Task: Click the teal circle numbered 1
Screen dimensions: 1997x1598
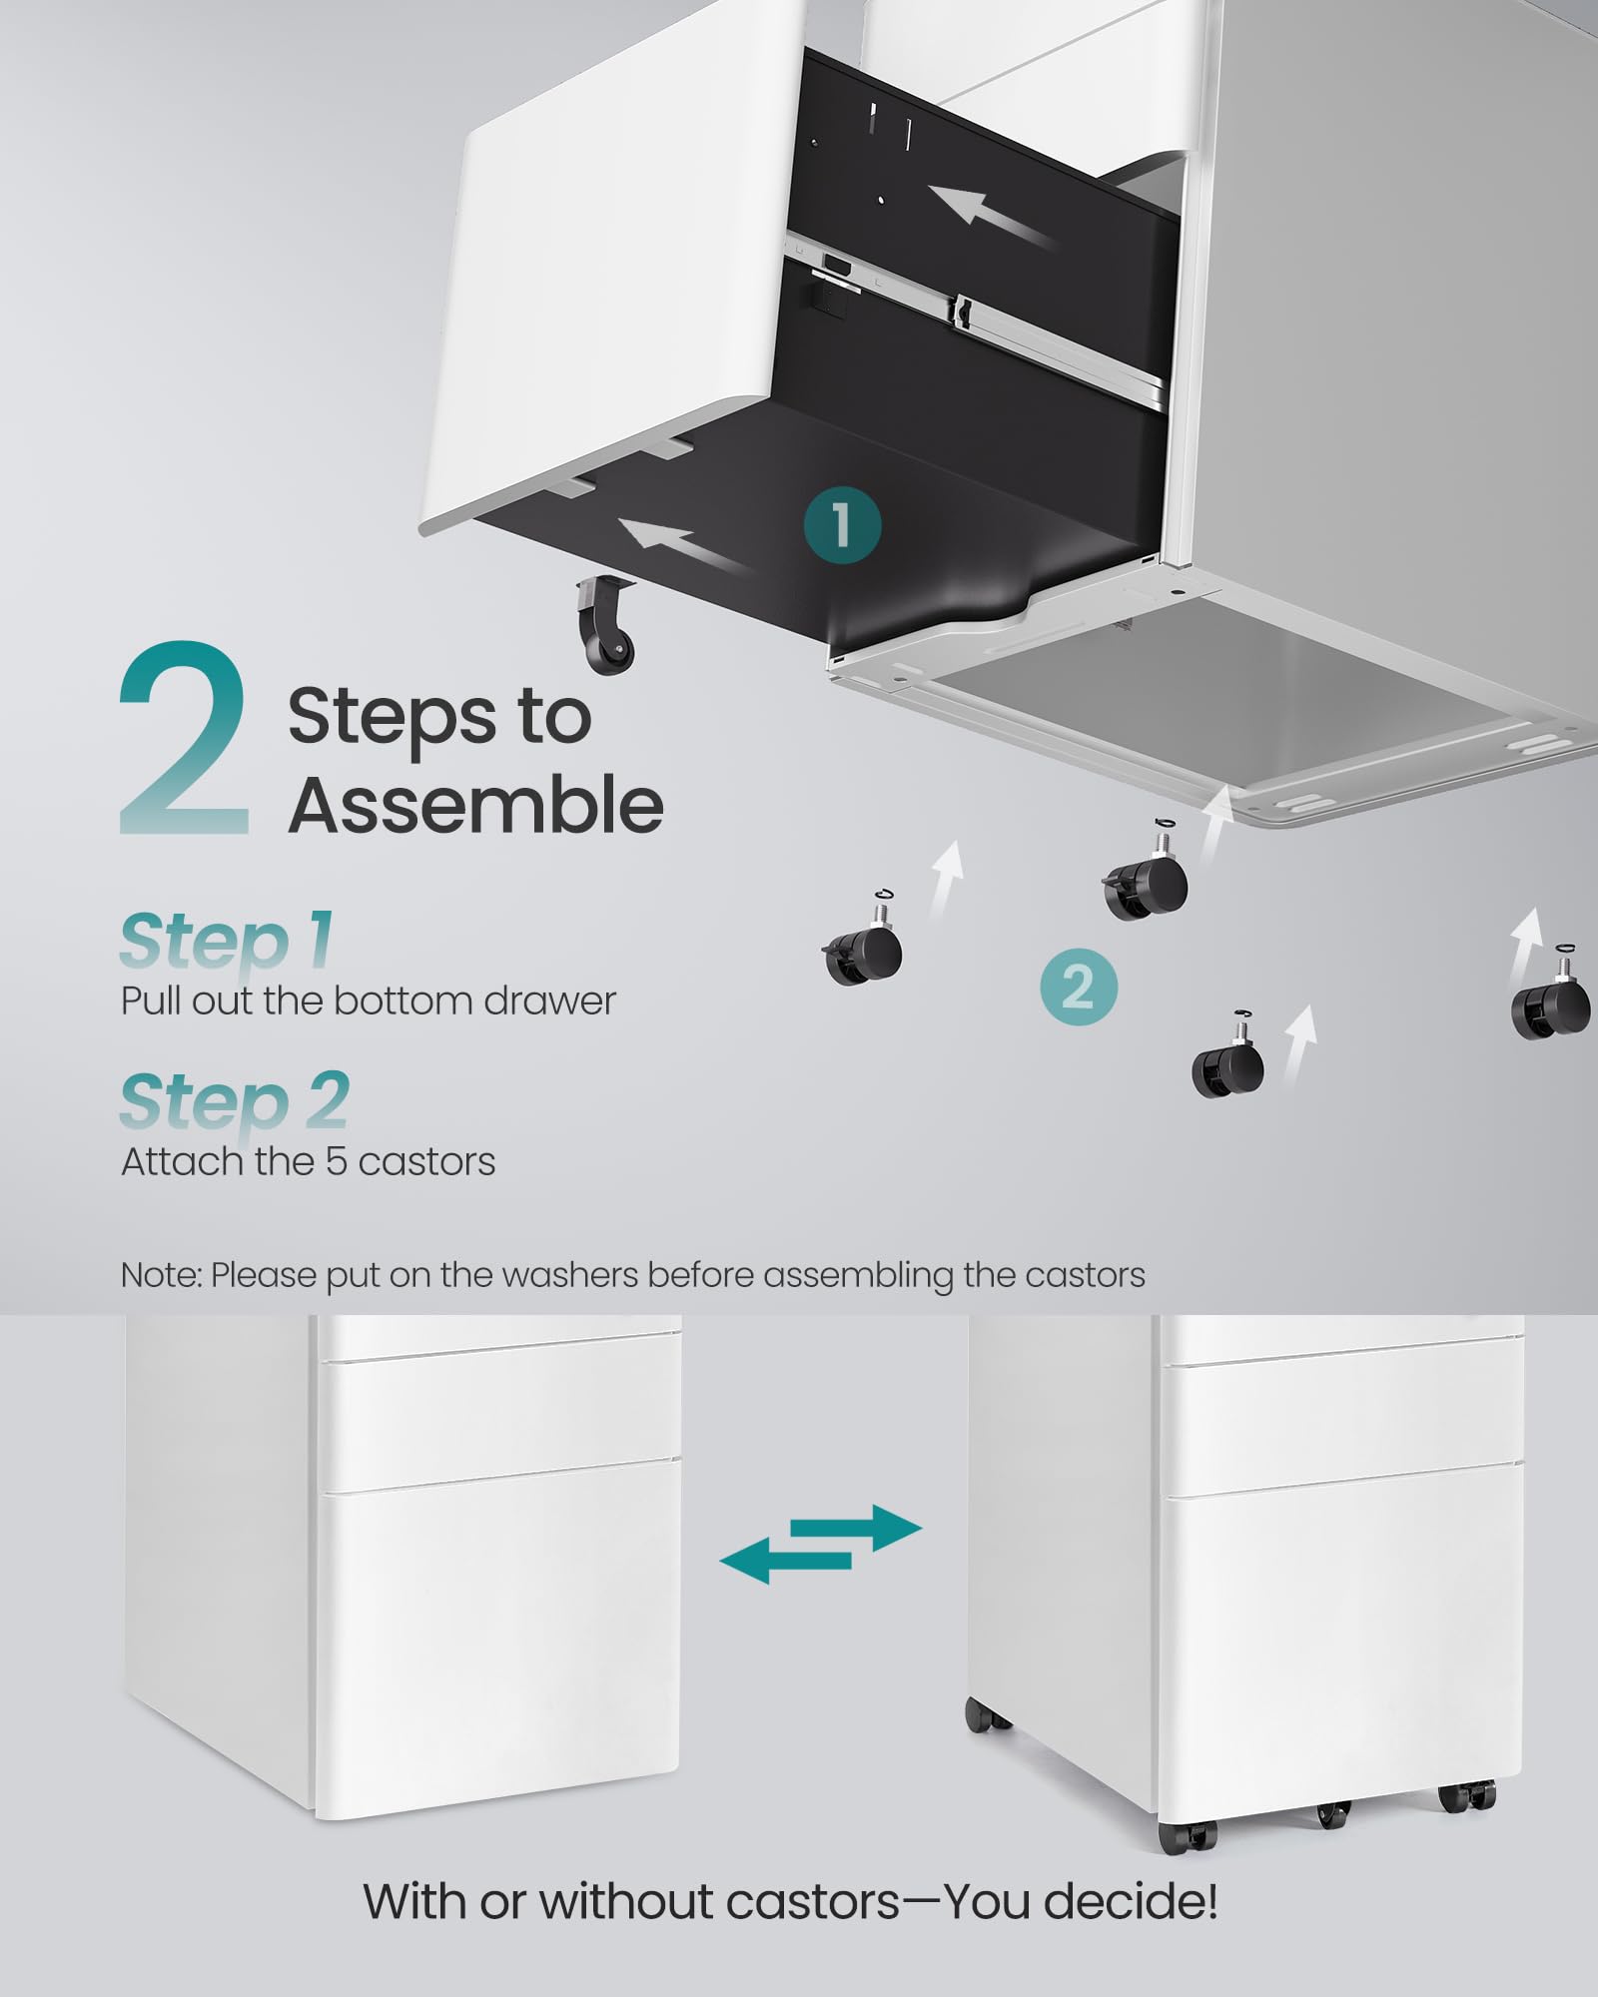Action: pos(842,525)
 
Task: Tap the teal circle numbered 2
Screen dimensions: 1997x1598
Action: pos(1078,988)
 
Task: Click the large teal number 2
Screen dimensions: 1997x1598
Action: pos(185,739)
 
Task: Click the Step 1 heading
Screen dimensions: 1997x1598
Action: pos(227,940)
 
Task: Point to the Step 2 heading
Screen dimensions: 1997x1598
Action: pos(235,1100)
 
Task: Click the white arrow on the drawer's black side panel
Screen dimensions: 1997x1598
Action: pos(989,216)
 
